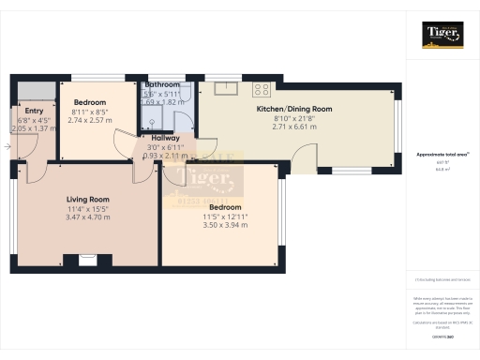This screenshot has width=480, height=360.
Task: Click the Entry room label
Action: coord(34,112)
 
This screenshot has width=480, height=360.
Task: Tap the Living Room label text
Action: coord(88,199)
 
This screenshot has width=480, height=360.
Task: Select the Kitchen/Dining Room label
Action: coord(294,109)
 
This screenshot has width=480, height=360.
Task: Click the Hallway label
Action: coord(165,138)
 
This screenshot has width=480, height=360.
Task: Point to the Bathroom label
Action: coord(162,84)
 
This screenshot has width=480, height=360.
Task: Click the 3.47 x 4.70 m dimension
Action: coord(88,217)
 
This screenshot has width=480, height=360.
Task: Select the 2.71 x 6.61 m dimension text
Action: coord(294,126)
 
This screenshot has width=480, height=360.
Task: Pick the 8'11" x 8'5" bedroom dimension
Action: coord(90,112)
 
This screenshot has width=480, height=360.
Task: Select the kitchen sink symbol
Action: coord(225,89)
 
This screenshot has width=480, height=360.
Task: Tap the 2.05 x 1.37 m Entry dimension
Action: coord(34,128)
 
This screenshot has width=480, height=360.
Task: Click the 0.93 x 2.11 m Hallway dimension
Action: coord(165,155)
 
